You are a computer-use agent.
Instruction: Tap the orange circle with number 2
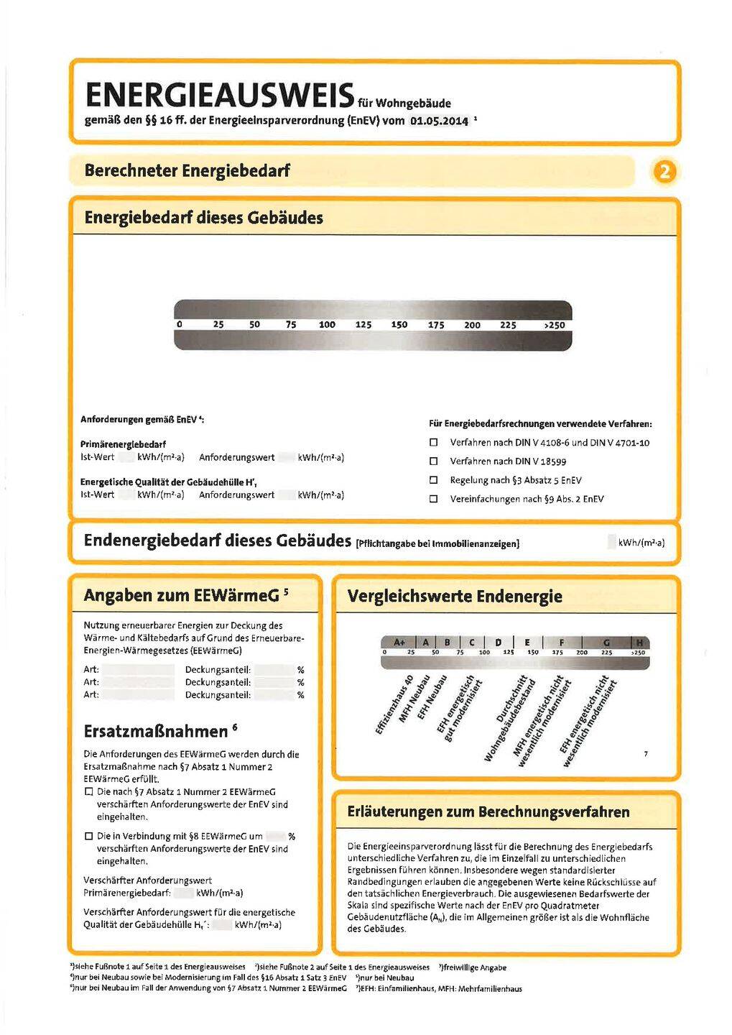click(664, 172)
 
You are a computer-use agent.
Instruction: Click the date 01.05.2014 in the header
click(438, 121)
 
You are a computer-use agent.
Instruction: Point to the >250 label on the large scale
click(554, 325)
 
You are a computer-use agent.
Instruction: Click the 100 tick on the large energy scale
click(327, 325)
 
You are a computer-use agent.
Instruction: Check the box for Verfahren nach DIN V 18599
click(433, 461)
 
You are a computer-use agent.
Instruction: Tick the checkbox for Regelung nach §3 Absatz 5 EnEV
click(433, 480)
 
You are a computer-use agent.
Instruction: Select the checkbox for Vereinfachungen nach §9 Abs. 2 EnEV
click(433, 499)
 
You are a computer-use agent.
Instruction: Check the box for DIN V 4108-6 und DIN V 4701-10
click(433, 443)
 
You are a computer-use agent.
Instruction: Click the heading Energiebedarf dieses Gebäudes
click(203, 218)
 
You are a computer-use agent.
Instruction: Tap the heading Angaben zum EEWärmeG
click(181, 595)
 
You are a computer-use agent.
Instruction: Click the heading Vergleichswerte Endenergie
click(454, 596)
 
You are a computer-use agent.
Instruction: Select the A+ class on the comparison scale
click(399, 642)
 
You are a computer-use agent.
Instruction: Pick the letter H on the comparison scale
click(639, 642)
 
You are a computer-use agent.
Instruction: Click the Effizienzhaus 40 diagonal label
click(394, 705)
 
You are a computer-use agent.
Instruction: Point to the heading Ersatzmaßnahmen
click(155, 732)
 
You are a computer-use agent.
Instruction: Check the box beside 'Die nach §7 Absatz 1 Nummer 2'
click(89, 792)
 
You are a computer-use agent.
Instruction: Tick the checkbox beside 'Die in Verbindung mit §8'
click(89, 837)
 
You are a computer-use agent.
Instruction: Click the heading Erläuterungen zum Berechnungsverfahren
click(488, 812)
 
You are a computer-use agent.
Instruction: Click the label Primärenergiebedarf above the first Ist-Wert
click(123, 444)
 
